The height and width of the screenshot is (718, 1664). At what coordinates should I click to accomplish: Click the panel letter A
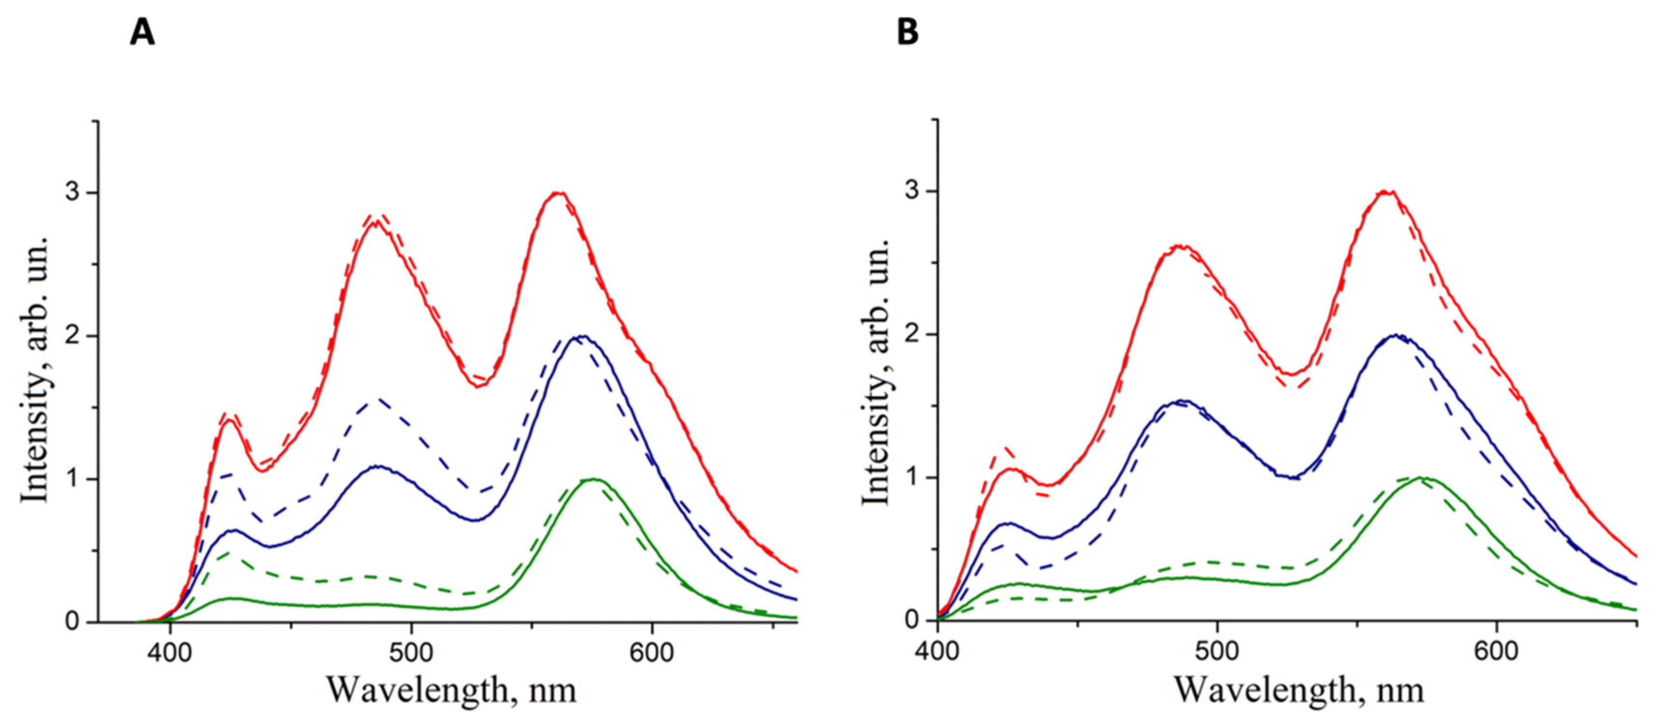pos(142,32)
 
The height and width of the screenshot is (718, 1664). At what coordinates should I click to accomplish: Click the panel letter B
pos(908,32)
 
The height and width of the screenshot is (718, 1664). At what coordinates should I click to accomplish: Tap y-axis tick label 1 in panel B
pos(911,478)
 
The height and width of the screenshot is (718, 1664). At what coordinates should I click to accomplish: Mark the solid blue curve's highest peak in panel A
pos(583,336)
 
